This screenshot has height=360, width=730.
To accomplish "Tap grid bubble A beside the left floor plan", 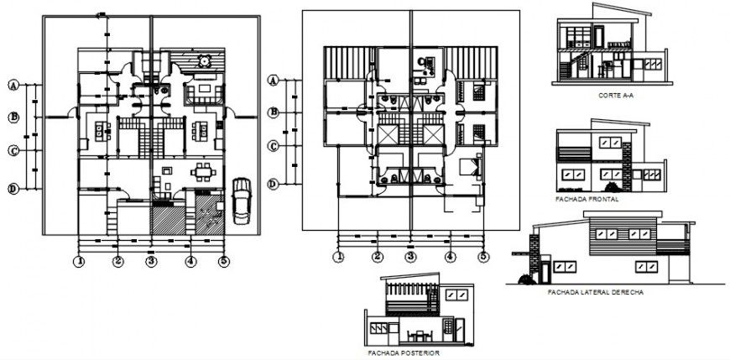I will point(14,85).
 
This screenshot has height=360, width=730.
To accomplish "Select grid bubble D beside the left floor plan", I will point(14,189).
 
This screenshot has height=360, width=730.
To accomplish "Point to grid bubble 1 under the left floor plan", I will point(79,261).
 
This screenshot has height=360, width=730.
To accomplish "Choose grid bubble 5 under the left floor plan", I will point(224,261).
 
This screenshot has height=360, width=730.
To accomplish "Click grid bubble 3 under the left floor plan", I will point(151,261).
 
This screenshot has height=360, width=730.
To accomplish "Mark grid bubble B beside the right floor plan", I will point(273,112).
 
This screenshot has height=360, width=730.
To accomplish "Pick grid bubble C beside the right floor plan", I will point(273,147).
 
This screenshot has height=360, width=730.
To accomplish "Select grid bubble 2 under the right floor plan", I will point(378,258).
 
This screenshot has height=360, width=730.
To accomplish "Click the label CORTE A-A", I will point(616,97).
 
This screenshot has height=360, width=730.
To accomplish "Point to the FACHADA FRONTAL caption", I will point(587,200).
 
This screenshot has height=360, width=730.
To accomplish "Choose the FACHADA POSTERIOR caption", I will point(403,353).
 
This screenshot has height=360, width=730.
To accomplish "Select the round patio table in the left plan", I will point(204,61).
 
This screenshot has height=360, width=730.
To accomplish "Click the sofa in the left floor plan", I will point(202,90).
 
